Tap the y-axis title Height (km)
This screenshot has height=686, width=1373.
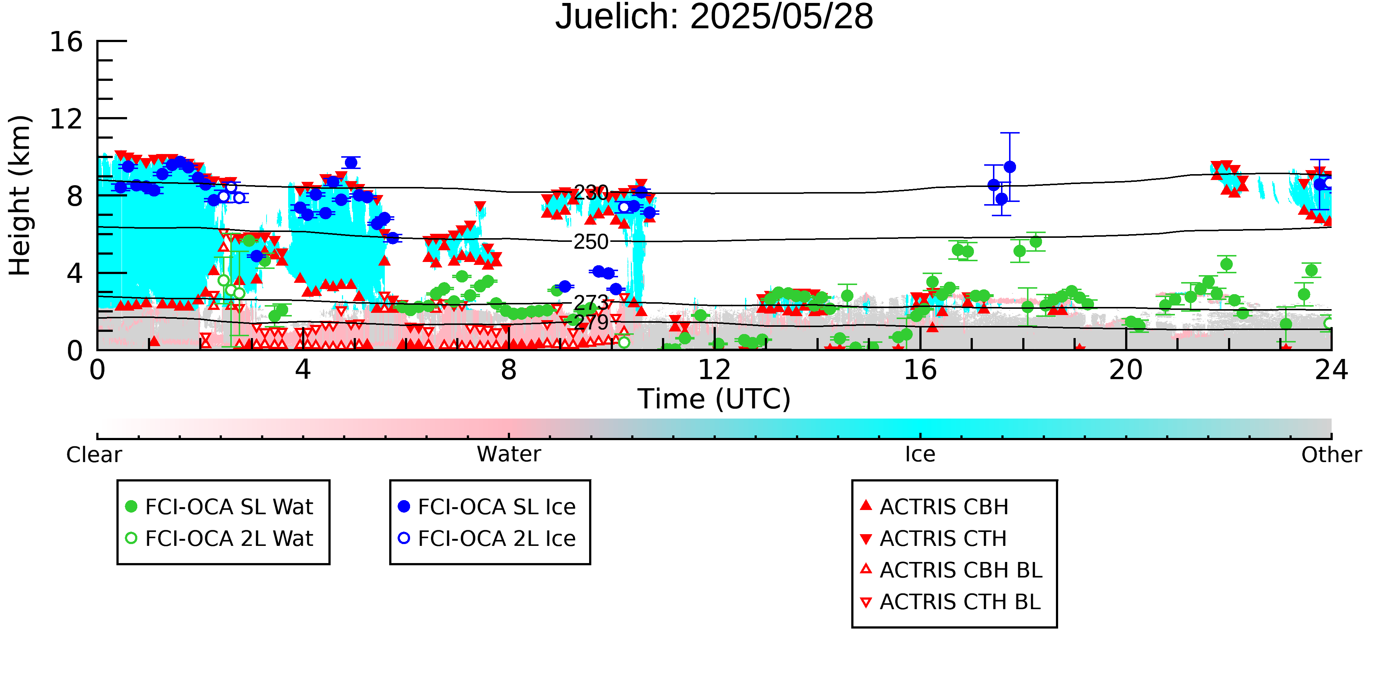click(20, 195)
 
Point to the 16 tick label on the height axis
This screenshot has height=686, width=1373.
click(66, 42)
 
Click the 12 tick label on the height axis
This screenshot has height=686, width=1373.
click(66, 119)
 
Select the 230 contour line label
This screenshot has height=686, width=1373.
click(591, 193)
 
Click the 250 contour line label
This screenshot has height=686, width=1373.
click(591, 242)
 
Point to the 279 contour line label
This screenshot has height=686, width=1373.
click(591, 322)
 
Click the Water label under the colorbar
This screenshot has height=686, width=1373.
click(509, 454)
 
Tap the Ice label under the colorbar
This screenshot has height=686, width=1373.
click(920, 454)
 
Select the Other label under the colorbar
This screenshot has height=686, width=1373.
click(1331, 455)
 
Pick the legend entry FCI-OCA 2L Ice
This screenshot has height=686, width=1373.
click(487, 539)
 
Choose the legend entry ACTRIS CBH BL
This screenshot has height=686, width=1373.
click(952, 570)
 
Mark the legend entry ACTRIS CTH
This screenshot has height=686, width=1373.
click(933, 539)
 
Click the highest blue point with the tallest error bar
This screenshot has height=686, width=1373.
click(1009, 167)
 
